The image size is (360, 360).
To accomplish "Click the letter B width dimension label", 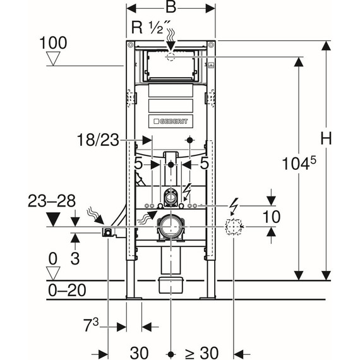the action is point(171,8).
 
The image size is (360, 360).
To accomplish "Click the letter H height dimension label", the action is point(326,138).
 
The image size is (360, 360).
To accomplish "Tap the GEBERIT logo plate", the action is point(171,121).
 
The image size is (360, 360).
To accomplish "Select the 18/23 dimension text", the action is point(99,140).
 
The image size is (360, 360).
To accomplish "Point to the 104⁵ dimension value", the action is point(299,163).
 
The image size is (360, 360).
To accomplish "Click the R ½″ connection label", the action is point(151,27).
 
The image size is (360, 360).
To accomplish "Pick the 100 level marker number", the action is point(53,43).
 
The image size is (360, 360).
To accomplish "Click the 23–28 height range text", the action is point(52,201).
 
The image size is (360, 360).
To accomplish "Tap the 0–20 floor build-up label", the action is point(67,290).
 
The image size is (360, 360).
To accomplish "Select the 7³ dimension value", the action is point(92,325).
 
